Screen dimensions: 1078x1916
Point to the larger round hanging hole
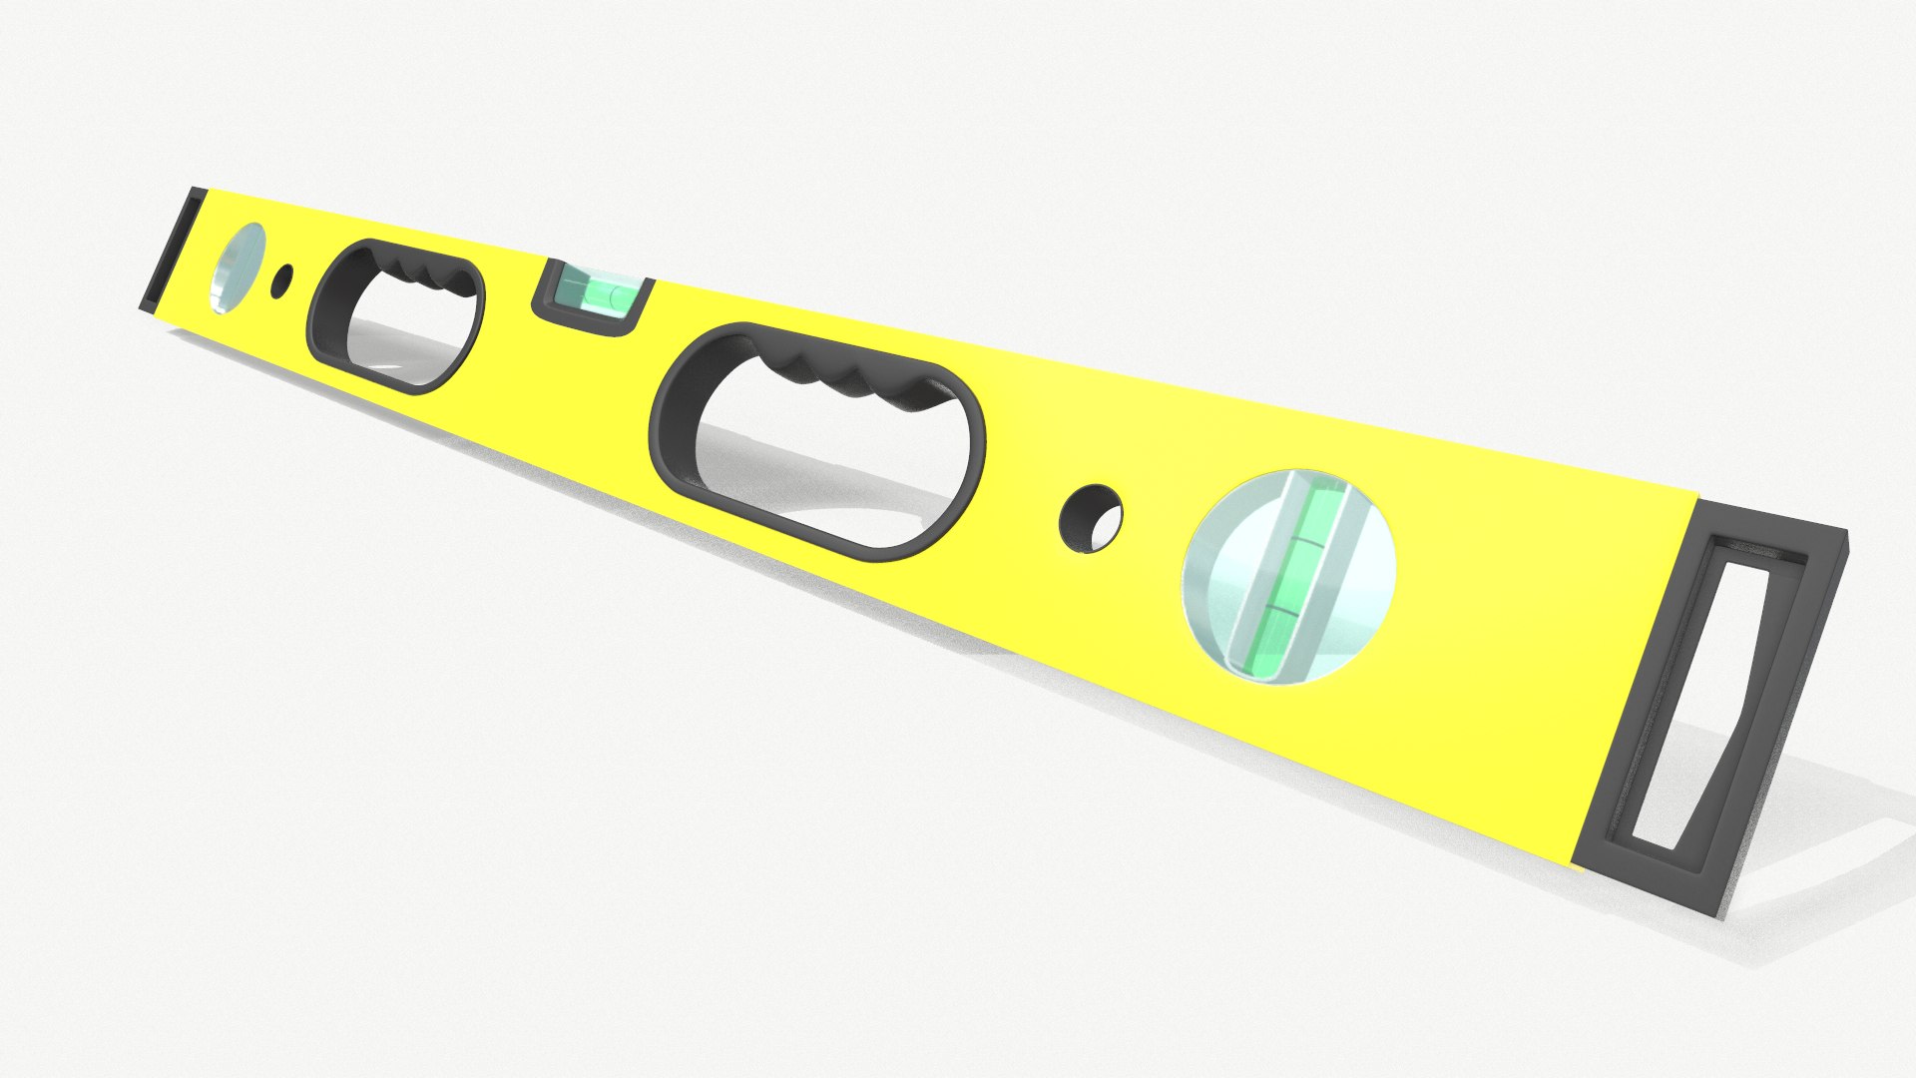[x=1090, y=518]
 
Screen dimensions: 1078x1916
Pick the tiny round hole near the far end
[x=282, y=280]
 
